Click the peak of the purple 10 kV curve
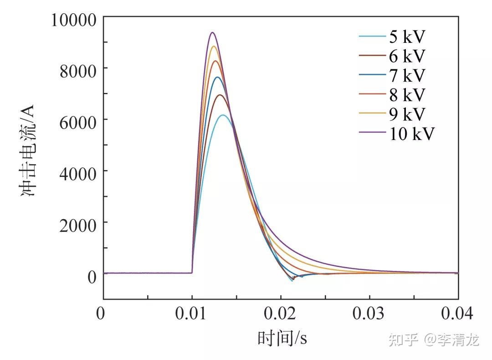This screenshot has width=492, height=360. (x=212, y=32)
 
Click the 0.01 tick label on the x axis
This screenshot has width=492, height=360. (x=192, y=314)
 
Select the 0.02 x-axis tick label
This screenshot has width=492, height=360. (x=281, y=314)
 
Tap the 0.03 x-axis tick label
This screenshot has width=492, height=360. (x=369, y=314)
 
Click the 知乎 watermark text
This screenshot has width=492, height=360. (x=403, y=339)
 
